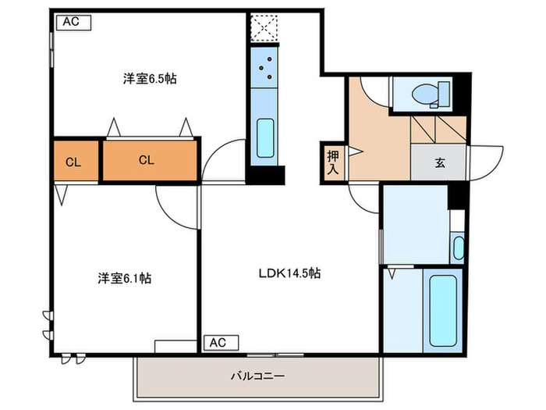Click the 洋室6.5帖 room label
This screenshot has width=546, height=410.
149,78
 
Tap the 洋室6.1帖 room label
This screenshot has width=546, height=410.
124,278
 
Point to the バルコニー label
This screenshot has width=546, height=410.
257,376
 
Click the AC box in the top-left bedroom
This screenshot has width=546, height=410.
73,22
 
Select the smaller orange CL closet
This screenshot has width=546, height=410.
74,162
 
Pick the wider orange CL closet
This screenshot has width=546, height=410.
147,161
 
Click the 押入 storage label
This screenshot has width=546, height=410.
331,162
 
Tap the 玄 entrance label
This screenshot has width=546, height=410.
439,163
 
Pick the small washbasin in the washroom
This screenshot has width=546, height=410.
458,248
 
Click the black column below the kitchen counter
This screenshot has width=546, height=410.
266,176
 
